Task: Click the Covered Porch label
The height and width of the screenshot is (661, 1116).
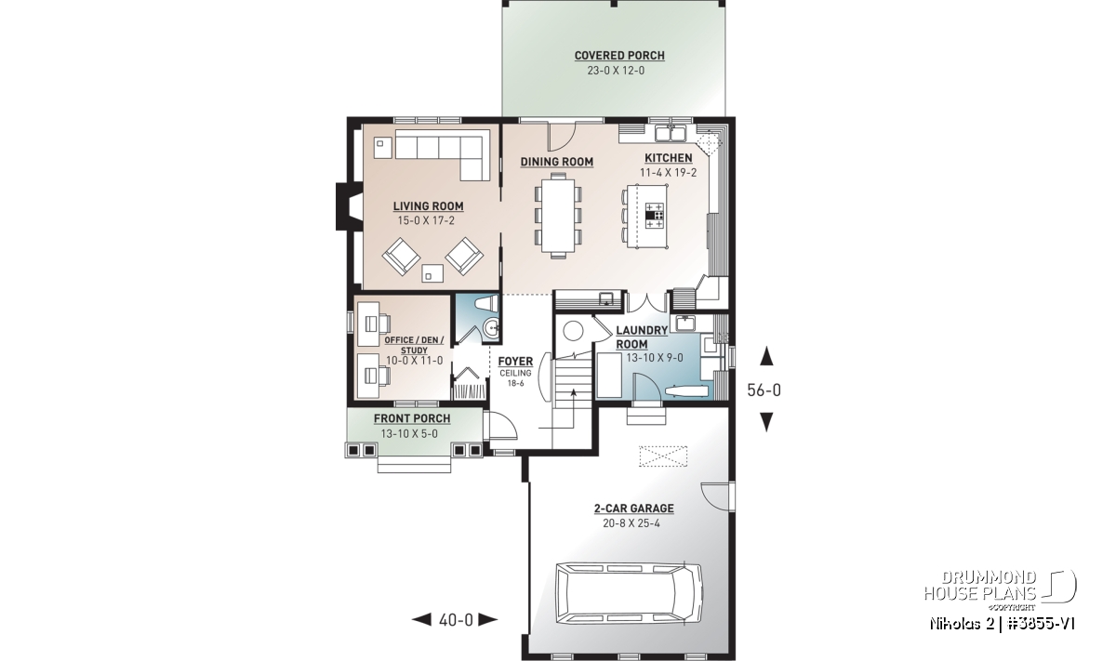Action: tap(619, 56)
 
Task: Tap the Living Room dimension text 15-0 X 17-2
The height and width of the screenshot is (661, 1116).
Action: tap(426, 220)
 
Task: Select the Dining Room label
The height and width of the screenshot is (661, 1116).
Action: tap(556, 162)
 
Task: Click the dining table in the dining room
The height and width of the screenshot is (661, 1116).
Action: tap(559, 215)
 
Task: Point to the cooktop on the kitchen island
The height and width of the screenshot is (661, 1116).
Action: tap(655, 215)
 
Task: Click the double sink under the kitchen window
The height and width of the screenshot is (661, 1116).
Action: tap(671, 134)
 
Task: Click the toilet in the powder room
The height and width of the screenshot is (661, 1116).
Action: tap(486, 303)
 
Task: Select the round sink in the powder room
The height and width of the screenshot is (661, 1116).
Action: tap(491, 329)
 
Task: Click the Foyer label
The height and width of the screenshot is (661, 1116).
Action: tap(515, 361)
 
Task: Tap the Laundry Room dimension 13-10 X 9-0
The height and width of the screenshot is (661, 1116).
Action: tap(654, 358)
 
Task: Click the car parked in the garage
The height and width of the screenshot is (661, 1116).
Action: tap(630, 593)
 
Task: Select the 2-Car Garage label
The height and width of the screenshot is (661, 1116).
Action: tap(633, 509)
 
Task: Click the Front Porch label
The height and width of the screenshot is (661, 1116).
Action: tap(412, 419)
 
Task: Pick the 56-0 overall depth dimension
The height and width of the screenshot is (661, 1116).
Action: tap(764, 390)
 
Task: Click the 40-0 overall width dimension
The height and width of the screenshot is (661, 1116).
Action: tap(456, 620)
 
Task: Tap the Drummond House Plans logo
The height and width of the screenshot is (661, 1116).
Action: tap(999, 590)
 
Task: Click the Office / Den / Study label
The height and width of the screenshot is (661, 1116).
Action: tap(414, 345)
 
